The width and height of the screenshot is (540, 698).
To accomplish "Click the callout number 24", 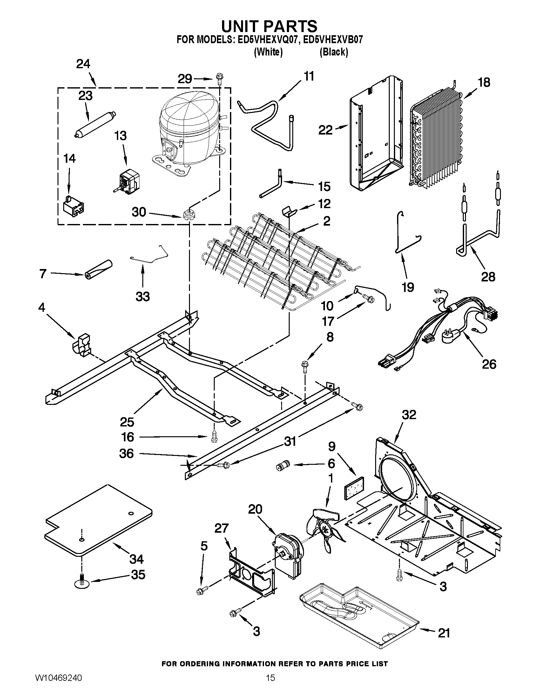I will [x=83, y=64].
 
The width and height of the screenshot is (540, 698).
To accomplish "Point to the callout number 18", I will [x=484, y=82].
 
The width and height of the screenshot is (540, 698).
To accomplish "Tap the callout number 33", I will [x=143, y=297].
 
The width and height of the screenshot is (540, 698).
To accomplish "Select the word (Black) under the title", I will [x=334, y=52].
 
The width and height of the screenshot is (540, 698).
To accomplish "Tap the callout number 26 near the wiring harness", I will [x=489, y=364].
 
